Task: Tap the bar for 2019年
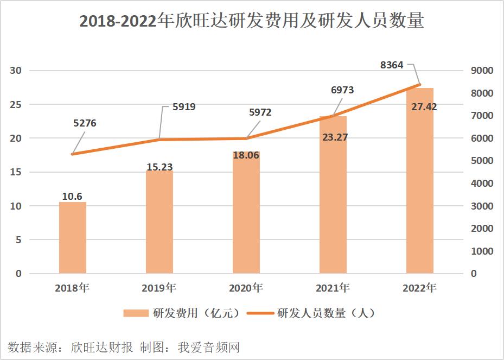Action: tap(160, 223)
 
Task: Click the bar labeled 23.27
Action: tap(333, 195)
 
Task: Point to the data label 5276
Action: tap(85, 123)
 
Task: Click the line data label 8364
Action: tap(392, 65)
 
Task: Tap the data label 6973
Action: tap(342, 90)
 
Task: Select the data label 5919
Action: tap(184, 107)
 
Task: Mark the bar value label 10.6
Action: tap(72, 197)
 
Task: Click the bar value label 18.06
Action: tap(246, 155)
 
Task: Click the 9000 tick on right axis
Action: tap(482, 71)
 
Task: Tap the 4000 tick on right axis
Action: tap(482, 184)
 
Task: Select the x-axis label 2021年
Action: tap(333, 288)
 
